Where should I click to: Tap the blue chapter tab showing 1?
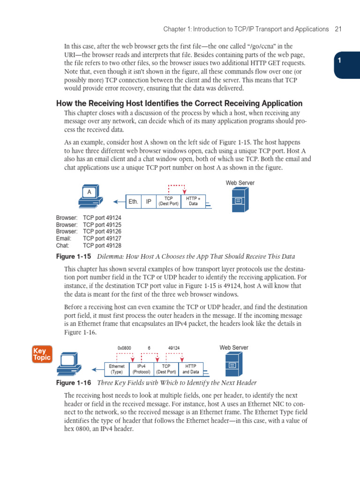click(x=347, y=61)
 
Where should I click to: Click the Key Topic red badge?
click(x=42, y=354)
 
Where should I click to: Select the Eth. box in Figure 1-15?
click(x=134, y=202)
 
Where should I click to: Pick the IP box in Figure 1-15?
click(x=149, y=202)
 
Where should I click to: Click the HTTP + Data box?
click(x=193, y=202)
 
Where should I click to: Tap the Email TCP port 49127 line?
click(x=89, y=239)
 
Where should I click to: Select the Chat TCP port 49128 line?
click(x=89, y=246)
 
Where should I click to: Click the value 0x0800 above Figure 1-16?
click(x=124, y=348)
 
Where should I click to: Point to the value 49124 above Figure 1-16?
click(x=173, y=348)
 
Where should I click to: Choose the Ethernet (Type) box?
click(x=116, y=369)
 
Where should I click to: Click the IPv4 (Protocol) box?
click(x=141, y=369)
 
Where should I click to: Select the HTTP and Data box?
click(x=191, y=369)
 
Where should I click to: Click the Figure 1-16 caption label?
click(x=74, y=383)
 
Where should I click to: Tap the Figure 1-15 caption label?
click(x=74, y=256)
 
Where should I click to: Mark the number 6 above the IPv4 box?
click(x=149, y=348)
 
